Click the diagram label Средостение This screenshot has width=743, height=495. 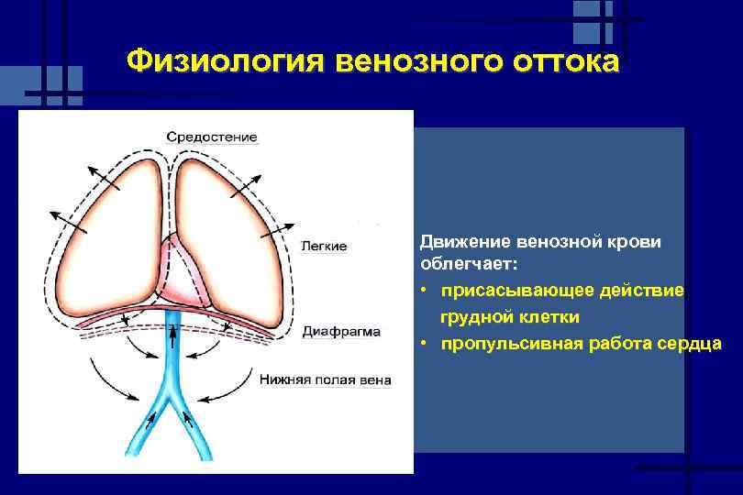coord(212,137)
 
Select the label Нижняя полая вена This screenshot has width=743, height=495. coord(325,379)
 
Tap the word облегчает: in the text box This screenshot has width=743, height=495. coord(468,264)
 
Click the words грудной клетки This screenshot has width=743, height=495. coord(509,317)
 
